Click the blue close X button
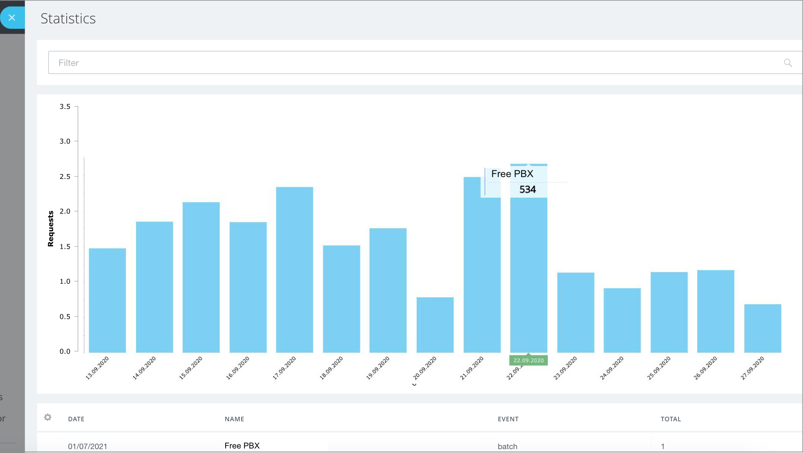[12, 18]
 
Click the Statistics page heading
[68, 18]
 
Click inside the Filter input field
[388, 62]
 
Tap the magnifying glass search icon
[787, 63]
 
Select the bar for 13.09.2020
[107, 301]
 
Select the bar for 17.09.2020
[294, 270]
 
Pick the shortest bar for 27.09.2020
[763, 328]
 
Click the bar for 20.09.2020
[435, 325]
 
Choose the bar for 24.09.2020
[622, 320]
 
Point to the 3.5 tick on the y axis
[65, 106]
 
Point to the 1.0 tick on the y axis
[65, 282]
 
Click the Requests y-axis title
[50, 228]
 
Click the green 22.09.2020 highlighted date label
[528, 360]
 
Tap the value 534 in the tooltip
[527, 190]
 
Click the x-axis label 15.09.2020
[191, 368]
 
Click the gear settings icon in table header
[48, 417]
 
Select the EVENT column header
[508, 419]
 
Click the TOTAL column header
[670, 419]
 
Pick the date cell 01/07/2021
[87, 446]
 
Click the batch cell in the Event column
[507, 446]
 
